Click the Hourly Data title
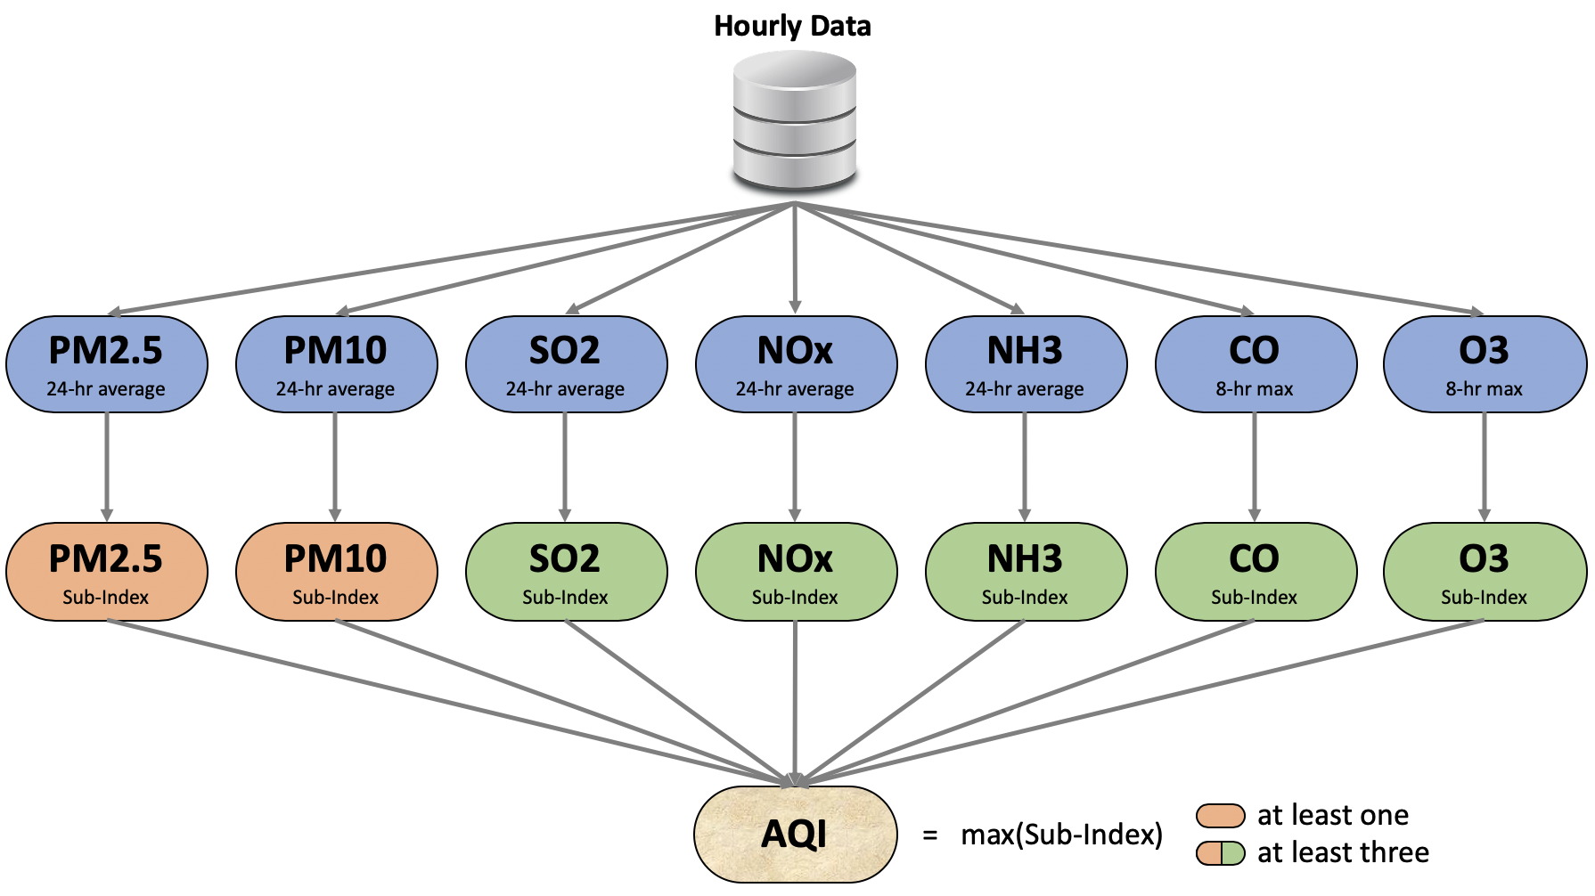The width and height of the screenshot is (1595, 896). pyautogui.click(x=792, y=26)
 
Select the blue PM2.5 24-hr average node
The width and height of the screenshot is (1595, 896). pyautogui.click(x=106, y=364)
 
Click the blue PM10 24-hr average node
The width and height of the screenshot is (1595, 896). pyautogui.click(x=336, y=364)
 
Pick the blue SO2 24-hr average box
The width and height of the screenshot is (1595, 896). pyautogui.click(x=566, y=364)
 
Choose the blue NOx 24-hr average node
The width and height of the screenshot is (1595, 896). pyautogui.click(x=795, y=364)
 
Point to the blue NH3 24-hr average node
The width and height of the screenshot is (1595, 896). pyautogui.click(x=1026, y=364)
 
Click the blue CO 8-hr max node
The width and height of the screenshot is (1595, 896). pyautogui.click(x=1255, y=364)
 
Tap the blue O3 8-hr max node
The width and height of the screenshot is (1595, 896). pyautogui.click(x=1485, y=364)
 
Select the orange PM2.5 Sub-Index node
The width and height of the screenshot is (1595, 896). pyautogui.click(x=106, y=572)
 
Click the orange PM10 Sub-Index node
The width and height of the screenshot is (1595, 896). pyautogui.click(x=336, y=572)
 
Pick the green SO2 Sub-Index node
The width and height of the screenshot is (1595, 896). pyautogui.click(x=566, y=572)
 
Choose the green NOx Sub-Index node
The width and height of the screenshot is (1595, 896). pyautogui.click(x=795, y=572)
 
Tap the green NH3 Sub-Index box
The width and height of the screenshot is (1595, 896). pyautogui.click(x=1026, y=572)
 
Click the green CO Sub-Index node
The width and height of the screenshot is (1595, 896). pyautogui.click(x=1255, y=572)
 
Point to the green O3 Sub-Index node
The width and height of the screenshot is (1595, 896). pyautogui.click(x=1485, y=572)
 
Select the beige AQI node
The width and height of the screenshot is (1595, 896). pyautogui.click(x=795, y=835)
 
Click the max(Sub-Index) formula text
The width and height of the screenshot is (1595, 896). pyautogui.click(x=1061, y=835)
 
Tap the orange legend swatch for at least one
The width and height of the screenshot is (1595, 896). pyautogui.click(x=1220, y=815)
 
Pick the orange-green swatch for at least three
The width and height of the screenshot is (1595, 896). pyautogui.click(x=1220, y=853)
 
